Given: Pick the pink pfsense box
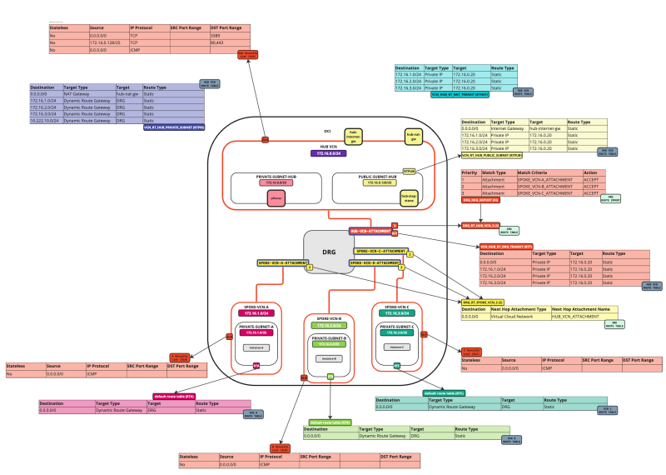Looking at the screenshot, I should point(276,198).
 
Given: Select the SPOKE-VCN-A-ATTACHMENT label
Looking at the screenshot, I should point(283,262).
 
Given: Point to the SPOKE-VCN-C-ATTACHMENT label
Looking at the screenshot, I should point(380,251).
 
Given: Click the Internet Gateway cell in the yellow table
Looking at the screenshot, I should point(509,128).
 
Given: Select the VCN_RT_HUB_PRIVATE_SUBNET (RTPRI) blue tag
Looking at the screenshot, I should point(174,127).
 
